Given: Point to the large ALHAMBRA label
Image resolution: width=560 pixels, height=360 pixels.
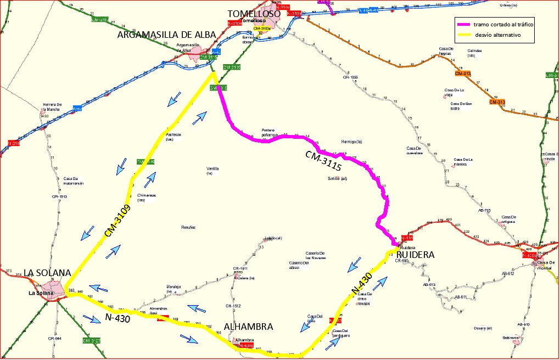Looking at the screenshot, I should coord(249,327).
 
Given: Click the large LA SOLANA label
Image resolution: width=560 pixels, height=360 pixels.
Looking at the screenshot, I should coord(47,273).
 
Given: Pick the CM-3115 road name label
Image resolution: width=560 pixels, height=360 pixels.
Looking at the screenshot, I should coord(324,164).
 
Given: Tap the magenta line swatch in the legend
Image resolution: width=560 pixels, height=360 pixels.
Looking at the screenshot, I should coord(463,25).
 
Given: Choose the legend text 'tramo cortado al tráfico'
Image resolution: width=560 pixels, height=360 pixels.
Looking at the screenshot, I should coord(503,25).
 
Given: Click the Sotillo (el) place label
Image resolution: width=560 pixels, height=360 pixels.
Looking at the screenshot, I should coord(338,179).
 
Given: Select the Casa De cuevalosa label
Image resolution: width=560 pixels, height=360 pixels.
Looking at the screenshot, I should coord(415,151).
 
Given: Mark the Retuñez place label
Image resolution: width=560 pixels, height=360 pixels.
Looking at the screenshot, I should coord(188,227).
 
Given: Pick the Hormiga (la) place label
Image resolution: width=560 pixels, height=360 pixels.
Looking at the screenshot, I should coord(351,142).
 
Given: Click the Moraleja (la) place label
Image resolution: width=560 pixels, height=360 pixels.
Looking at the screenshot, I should coord(173,289).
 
